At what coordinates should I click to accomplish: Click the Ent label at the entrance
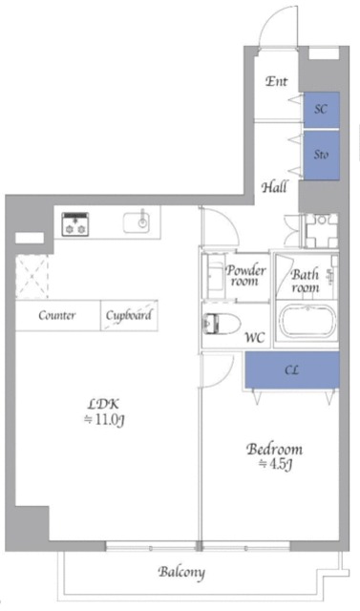coord(277,81)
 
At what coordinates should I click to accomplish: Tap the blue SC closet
coord(322,110)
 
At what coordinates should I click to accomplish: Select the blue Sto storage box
coord(322,155)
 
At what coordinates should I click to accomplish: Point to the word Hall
coord(275,187)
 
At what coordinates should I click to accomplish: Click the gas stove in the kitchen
coord(75,224)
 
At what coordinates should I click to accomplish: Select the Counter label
coord(57,315)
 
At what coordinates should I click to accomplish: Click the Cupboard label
coord(129,315)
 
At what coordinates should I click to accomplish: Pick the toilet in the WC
coord(221,324)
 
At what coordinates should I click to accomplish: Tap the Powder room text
coord(245,276)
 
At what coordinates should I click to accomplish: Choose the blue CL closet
coord(292,369)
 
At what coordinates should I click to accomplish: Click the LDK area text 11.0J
coord(104,420)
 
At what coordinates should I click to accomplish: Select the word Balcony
coord(181,573)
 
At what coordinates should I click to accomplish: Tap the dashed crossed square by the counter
coord(32,277)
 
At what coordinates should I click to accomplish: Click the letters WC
coord(256,337)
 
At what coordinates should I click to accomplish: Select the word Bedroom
coord(275,449)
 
